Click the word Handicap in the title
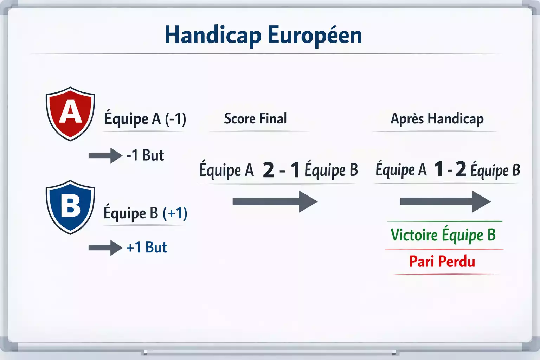click(x=213, y=36)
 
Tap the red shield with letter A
click(x=70, y=113)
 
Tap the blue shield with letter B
click(x=70, y=207)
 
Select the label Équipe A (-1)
click(x=145, y=119)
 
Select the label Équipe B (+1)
click(x=145, y=213)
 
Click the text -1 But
click(x=145, y=155)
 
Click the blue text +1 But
click(x=147, y=247)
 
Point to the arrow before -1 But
click(x=105, y=155)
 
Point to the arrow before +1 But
click(x=105, y=248)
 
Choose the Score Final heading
click(x=255, y=118)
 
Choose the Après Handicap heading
click(x=437, y=119)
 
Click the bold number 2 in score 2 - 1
click(x=268, y=170)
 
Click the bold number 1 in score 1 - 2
click(x=439, y=169)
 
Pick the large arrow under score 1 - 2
click(x=445, y=201)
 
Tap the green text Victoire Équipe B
click(x=443, y=235)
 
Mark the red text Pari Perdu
click(x=442, y=262)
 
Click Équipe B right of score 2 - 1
click(x=331, y=170)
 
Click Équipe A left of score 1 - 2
click(x=401, y=169)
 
